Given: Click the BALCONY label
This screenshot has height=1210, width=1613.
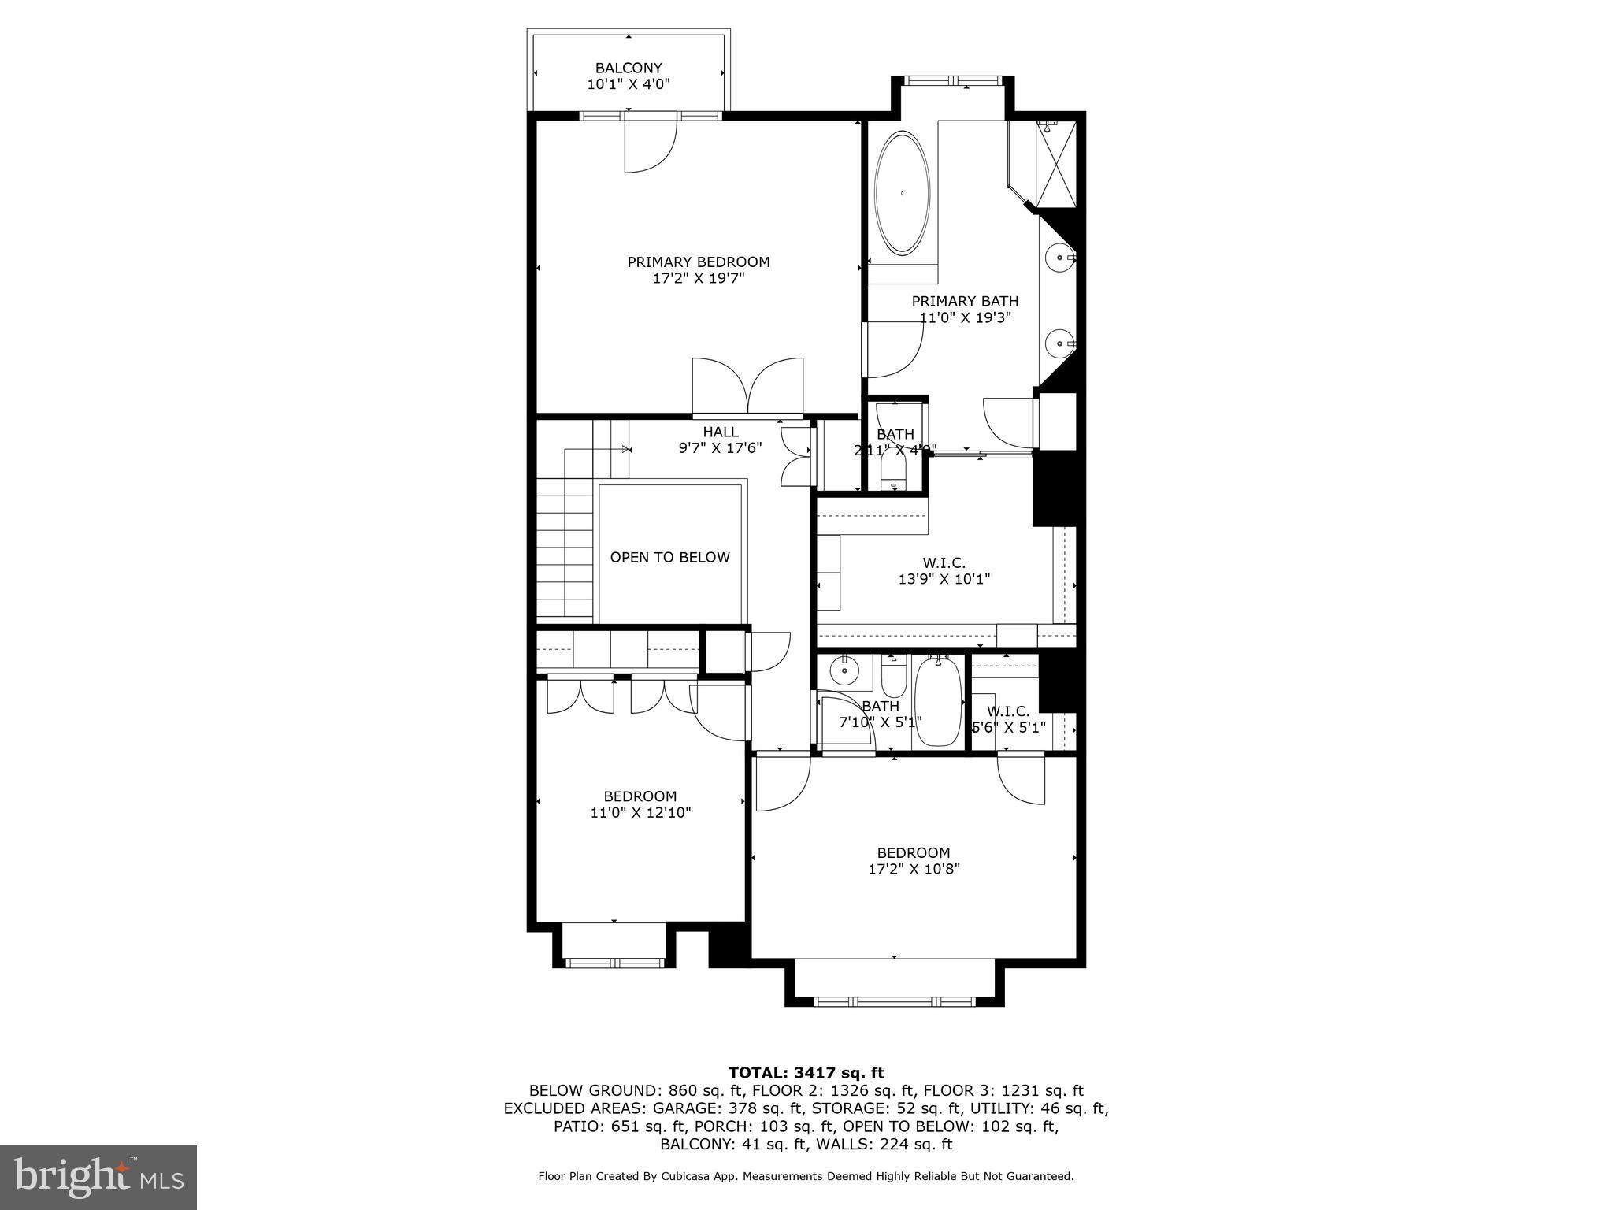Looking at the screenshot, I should coord(629,68).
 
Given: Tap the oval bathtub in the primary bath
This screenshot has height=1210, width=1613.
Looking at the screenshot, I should coord(903,193).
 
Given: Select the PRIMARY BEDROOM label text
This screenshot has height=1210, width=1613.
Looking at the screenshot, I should coord(698,262).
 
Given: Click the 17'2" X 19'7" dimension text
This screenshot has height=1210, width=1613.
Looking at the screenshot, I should coord(698,279).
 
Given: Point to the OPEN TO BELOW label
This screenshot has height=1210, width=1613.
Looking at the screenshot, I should coord(669,558).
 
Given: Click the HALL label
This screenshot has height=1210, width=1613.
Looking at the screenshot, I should coord(721,432).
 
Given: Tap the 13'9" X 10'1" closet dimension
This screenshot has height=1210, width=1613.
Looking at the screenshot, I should coord(944,579).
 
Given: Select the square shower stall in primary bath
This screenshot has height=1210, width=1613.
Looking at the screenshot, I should coord(1055,164).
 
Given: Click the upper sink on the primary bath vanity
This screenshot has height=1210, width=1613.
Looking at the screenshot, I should coord(1059,258).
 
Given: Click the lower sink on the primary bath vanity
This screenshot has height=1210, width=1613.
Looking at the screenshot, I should coord(1059,343).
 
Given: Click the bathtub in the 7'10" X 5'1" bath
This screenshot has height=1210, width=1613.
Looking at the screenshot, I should coord(936,702).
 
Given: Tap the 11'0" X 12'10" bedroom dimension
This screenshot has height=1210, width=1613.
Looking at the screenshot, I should coord(640,813).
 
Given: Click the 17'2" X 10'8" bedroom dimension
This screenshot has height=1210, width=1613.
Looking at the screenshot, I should coord(914,870).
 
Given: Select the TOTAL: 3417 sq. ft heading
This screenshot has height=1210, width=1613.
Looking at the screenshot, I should coord(806,1073).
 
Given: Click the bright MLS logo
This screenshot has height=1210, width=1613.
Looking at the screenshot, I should coord(98,1177).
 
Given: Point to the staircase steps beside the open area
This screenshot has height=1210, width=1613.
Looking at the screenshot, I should coord(565,551).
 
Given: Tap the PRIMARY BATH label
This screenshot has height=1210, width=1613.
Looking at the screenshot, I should coord(965,301).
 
